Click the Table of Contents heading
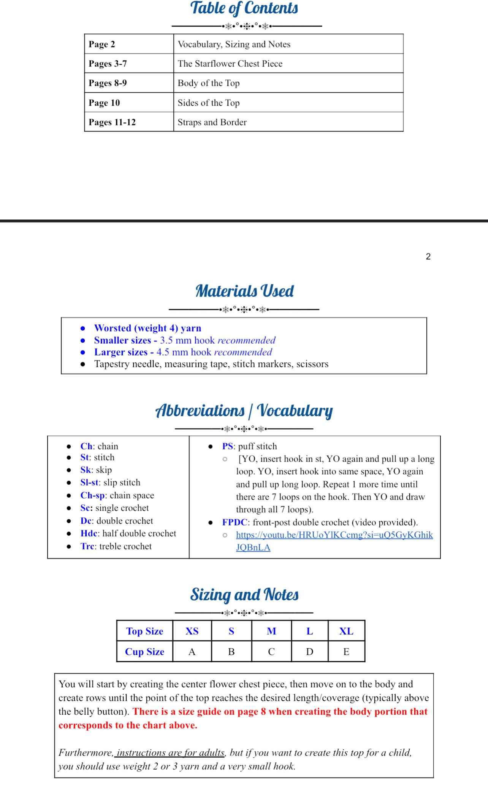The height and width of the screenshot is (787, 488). pyautogui.click(x=244, y=8)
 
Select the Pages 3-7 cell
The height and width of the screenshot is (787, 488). pyautogui.click(x=108, y=63)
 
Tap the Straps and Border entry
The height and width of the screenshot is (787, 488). pyautogui.click(x=212, y=122)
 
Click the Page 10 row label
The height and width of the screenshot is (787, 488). pyautogui.click(x=104, y=103)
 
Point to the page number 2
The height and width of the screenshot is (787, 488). pyautogui.click(x=428, y=257)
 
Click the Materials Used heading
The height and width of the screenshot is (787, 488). pyautogui.click(x=244, y=291)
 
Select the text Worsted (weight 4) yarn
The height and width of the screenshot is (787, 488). pyautogui.click(x=147, y=328)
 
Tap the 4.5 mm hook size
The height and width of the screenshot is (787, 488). pyautogui.click(x=172, y=352)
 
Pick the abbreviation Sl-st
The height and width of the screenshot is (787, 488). pyautogui.click(x=90, y=482)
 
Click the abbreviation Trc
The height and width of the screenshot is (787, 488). pyautogui.click(x=87, y=546)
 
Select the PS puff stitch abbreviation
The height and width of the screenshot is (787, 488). pyautogui.click(x=228, y=446)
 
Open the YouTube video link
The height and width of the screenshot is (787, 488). pyautogui.click(x=334, y=535)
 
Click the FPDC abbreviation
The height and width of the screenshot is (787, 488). pyautogui.click(x=234, y=522)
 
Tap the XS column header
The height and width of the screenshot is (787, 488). pyautogui.click(x=192, y=631)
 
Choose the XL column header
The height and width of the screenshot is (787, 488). pyautogui.click(x=346, y=631)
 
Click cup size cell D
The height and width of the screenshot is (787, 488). pyautogui.click(x=309, y=652)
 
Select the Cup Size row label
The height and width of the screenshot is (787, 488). pyautogui.click(x=144, y=652)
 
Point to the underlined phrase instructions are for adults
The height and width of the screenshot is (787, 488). pyautogui.click(x=171, y=753)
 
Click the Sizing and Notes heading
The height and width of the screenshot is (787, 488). pyautogui.click(x=244, y=595)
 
